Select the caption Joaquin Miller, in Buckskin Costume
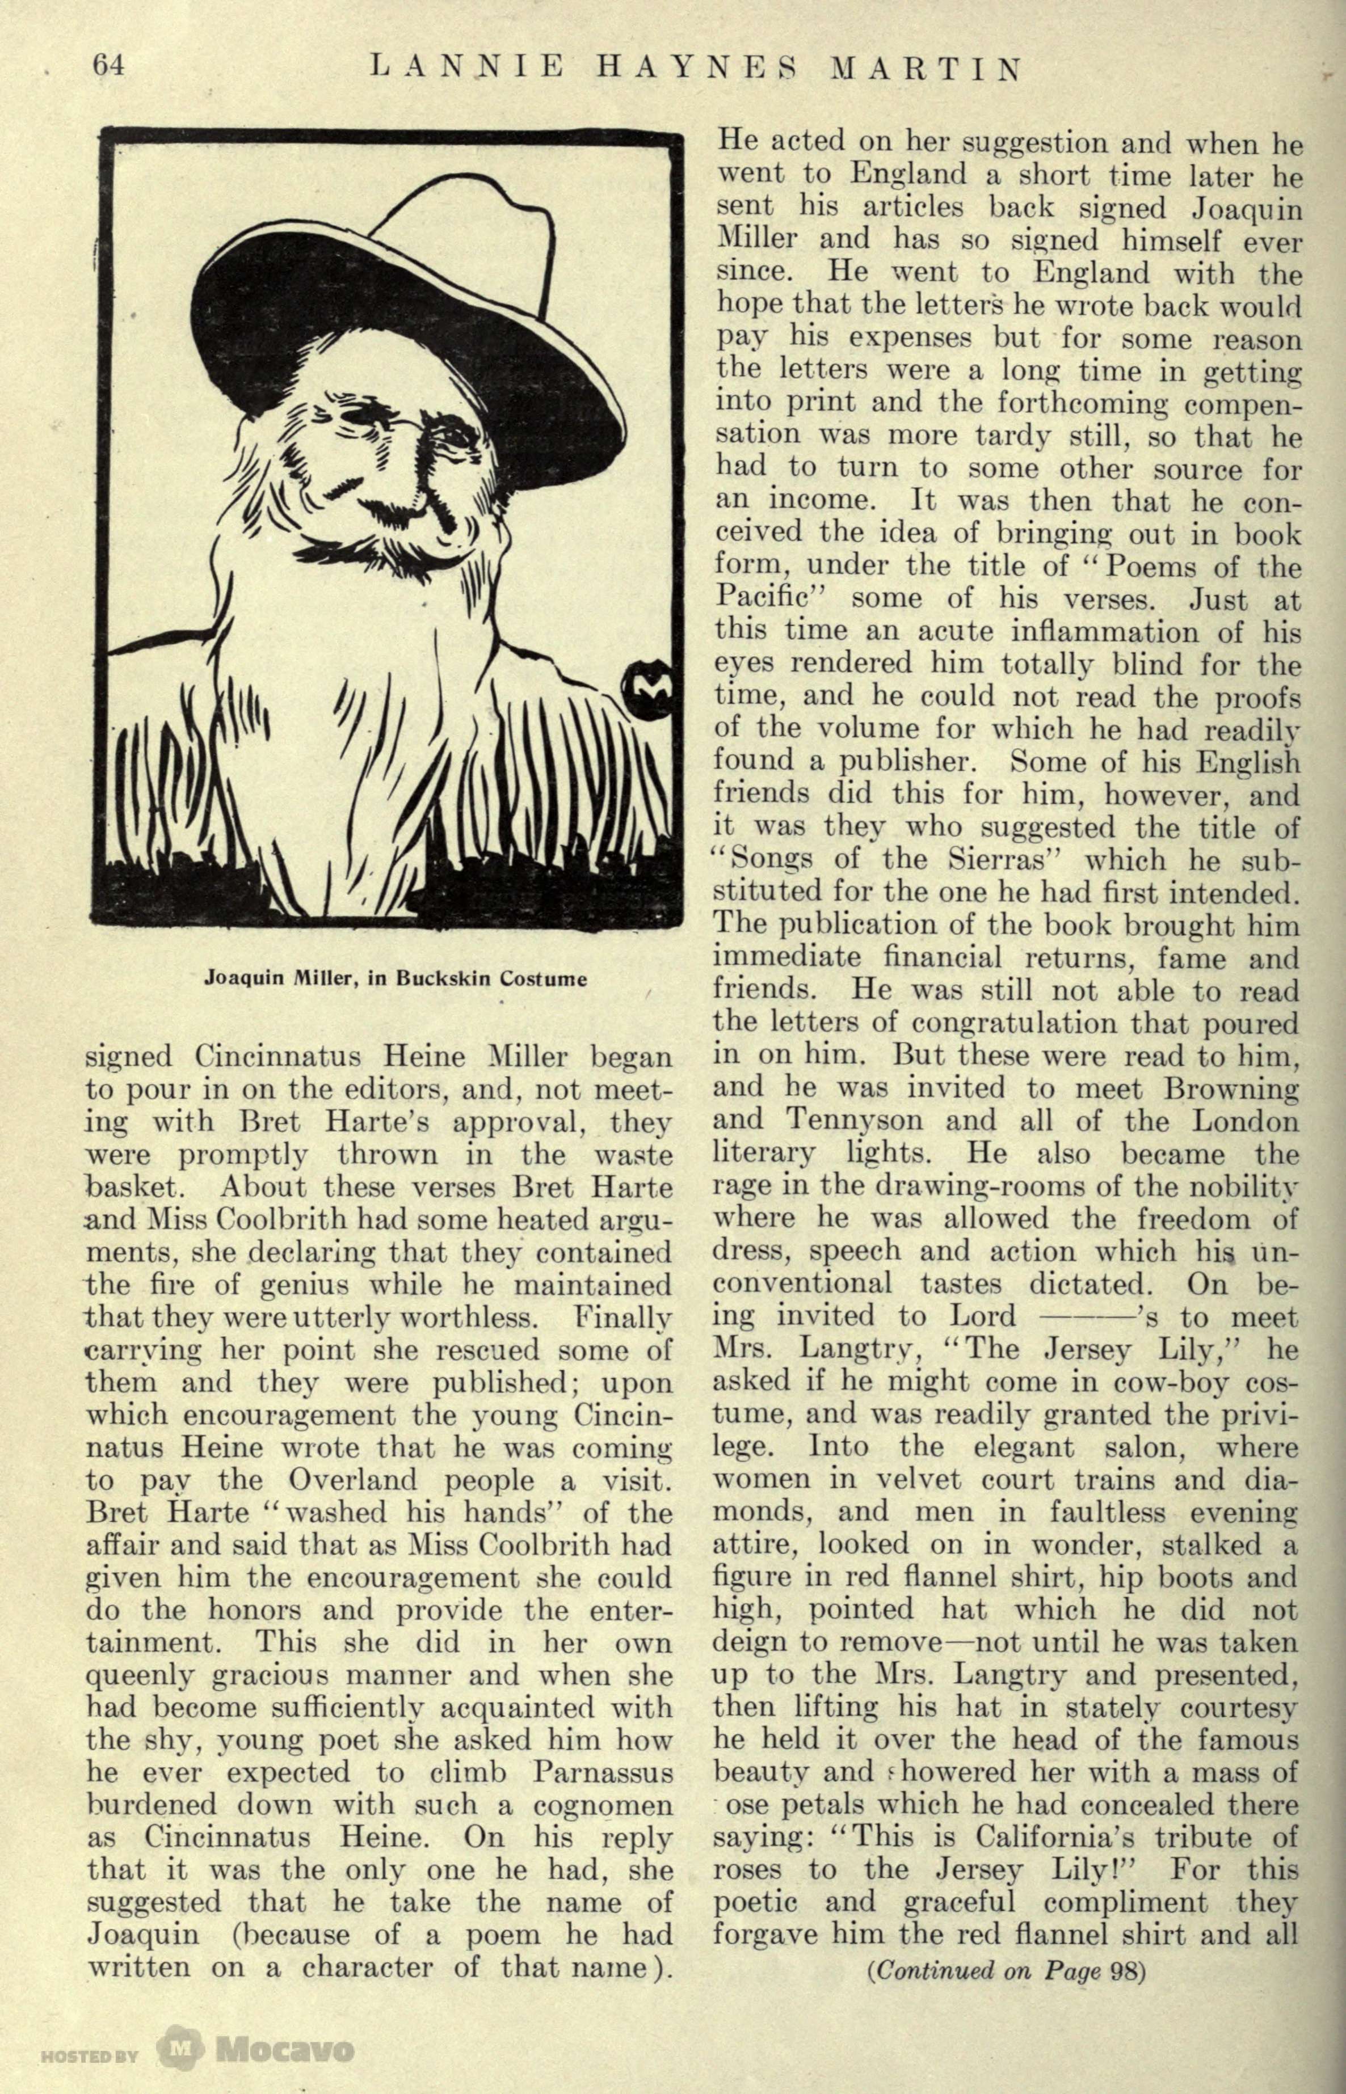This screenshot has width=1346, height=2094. coord(395,978)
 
